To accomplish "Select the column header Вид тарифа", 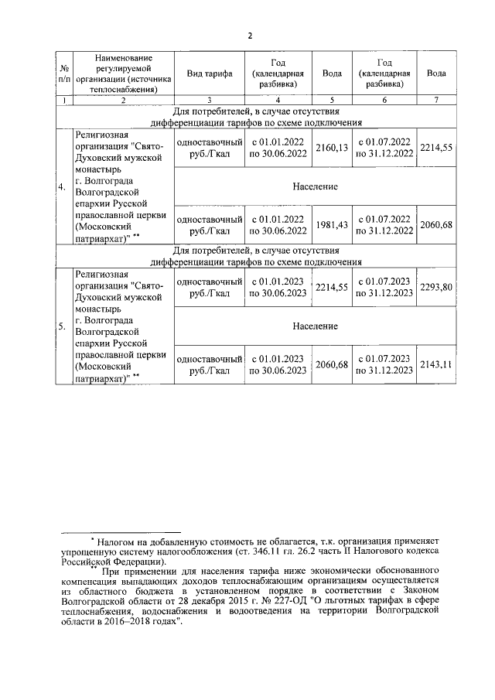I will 210,73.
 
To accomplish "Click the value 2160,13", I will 332,148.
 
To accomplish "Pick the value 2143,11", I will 435,364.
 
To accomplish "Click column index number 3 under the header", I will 210,101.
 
